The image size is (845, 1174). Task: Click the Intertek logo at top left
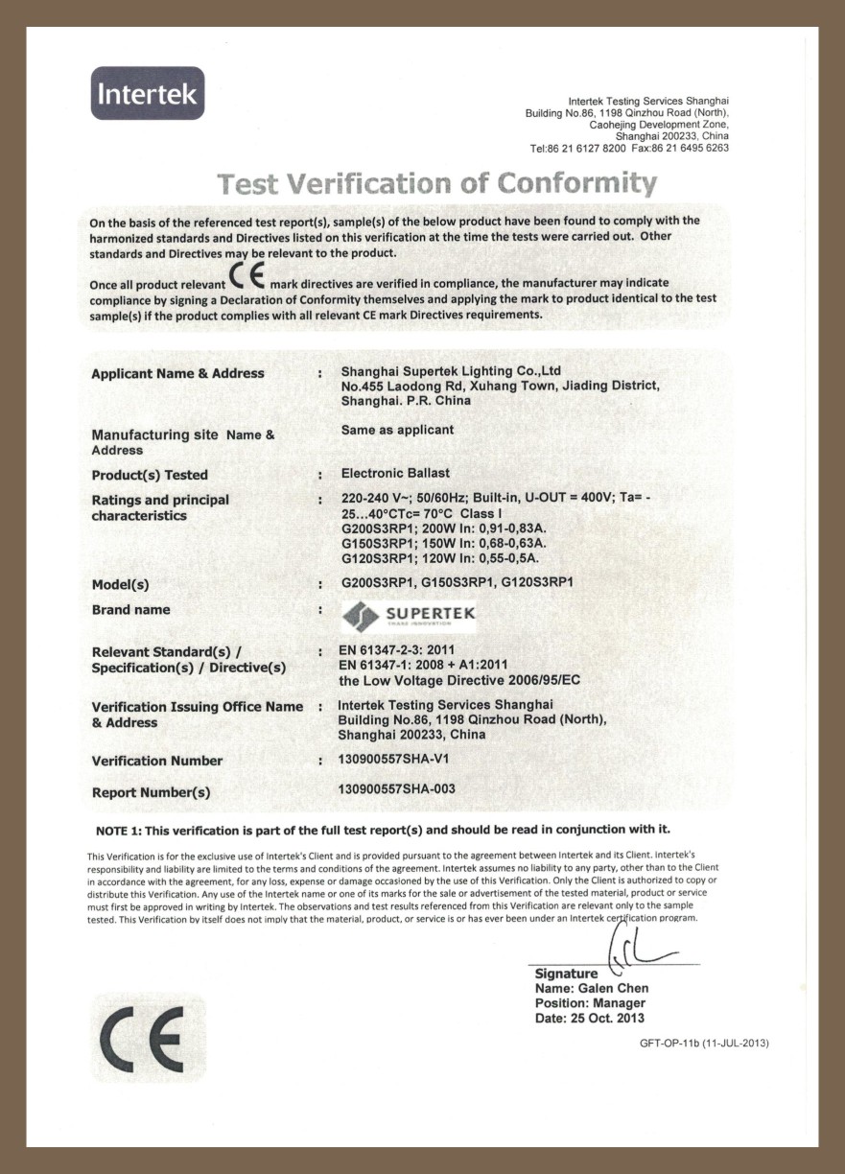click(148, 93)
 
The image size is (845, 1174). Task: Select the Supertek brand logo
click(409, 615)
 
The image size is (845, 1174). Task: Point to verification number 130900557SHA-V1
click(394, 758)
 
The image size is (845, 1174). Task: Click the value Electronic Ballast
click(395, 473)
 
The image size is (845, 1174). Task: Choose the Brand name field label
click(130, 610)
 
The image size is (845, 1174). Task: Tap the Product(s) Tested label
click(150, 475)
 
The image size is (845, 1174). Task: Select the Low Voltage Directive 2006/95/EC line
click(459, 680)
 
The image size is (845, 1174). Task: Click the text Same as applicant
click(397, 430)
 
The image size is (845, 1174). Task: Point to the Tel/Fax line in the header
click(629, 149)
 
